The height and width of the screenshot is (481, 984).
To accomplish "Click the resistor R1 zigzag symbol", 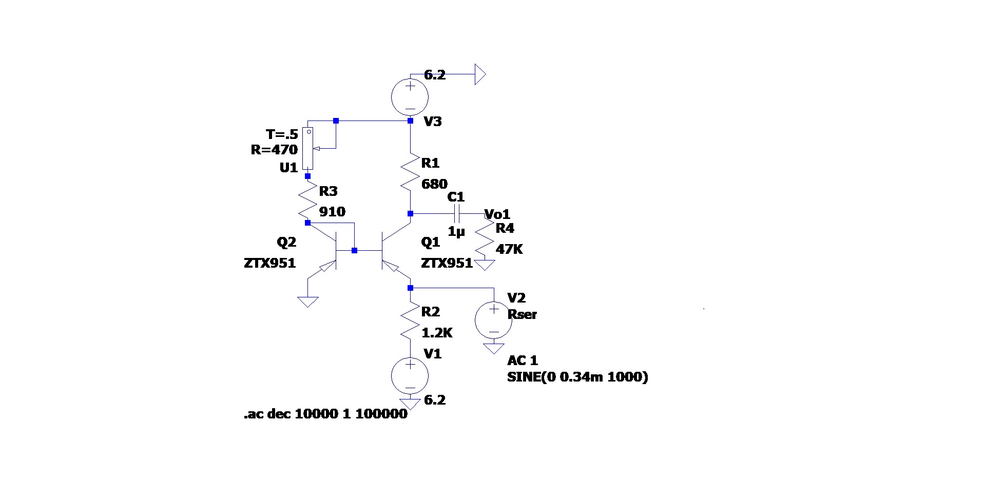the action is [x=410, y=171].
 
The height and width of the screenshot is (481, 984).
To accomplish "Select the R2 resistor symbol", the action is [x=410, y=320].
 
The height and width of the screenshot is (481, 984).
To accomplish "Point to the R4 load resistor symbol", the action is [x=485, y=238].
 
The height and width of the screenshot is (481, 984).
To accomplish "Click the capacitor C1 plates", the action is [x=457, y=213].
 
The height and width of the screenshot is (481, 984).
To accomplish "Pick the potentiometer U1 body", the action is [x=307, y=148].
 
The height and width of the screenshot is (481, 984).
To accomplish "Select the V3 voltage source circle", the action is [x=410, y=96].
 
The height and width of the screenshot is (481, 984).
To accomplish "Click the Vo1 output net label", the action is [x=497, y=214].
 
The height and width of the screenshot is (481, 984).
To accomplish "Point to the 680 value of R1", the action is [x=434, y=184].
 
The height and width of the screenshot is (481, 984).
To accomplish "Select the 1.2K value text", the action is [x=437, y=333].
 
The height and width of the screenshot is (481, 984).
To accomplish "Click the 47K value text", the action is [x=509, y=249].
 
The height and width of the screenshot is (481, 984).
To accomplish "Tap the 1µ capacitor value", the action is [x=456, y=232].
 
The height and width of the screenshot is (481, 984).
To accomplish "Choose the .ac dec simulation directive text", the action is [x=325, y=414].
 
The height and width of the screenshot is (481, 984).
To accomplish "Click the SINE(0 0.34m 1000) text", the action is [x=577, y=377].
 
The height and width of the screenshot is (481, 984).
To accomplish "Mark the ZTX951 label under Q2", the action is [x=270, y=264].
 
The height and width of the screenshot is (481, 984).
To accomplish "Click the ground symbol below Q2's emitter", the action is [x=307, y=302].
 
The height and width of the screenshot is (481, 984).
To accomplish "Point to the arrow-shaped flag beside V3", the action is [x=480, y=74].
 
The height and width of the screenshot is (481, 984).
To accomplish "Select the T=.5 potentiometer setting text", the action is [x=282, y=135].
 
